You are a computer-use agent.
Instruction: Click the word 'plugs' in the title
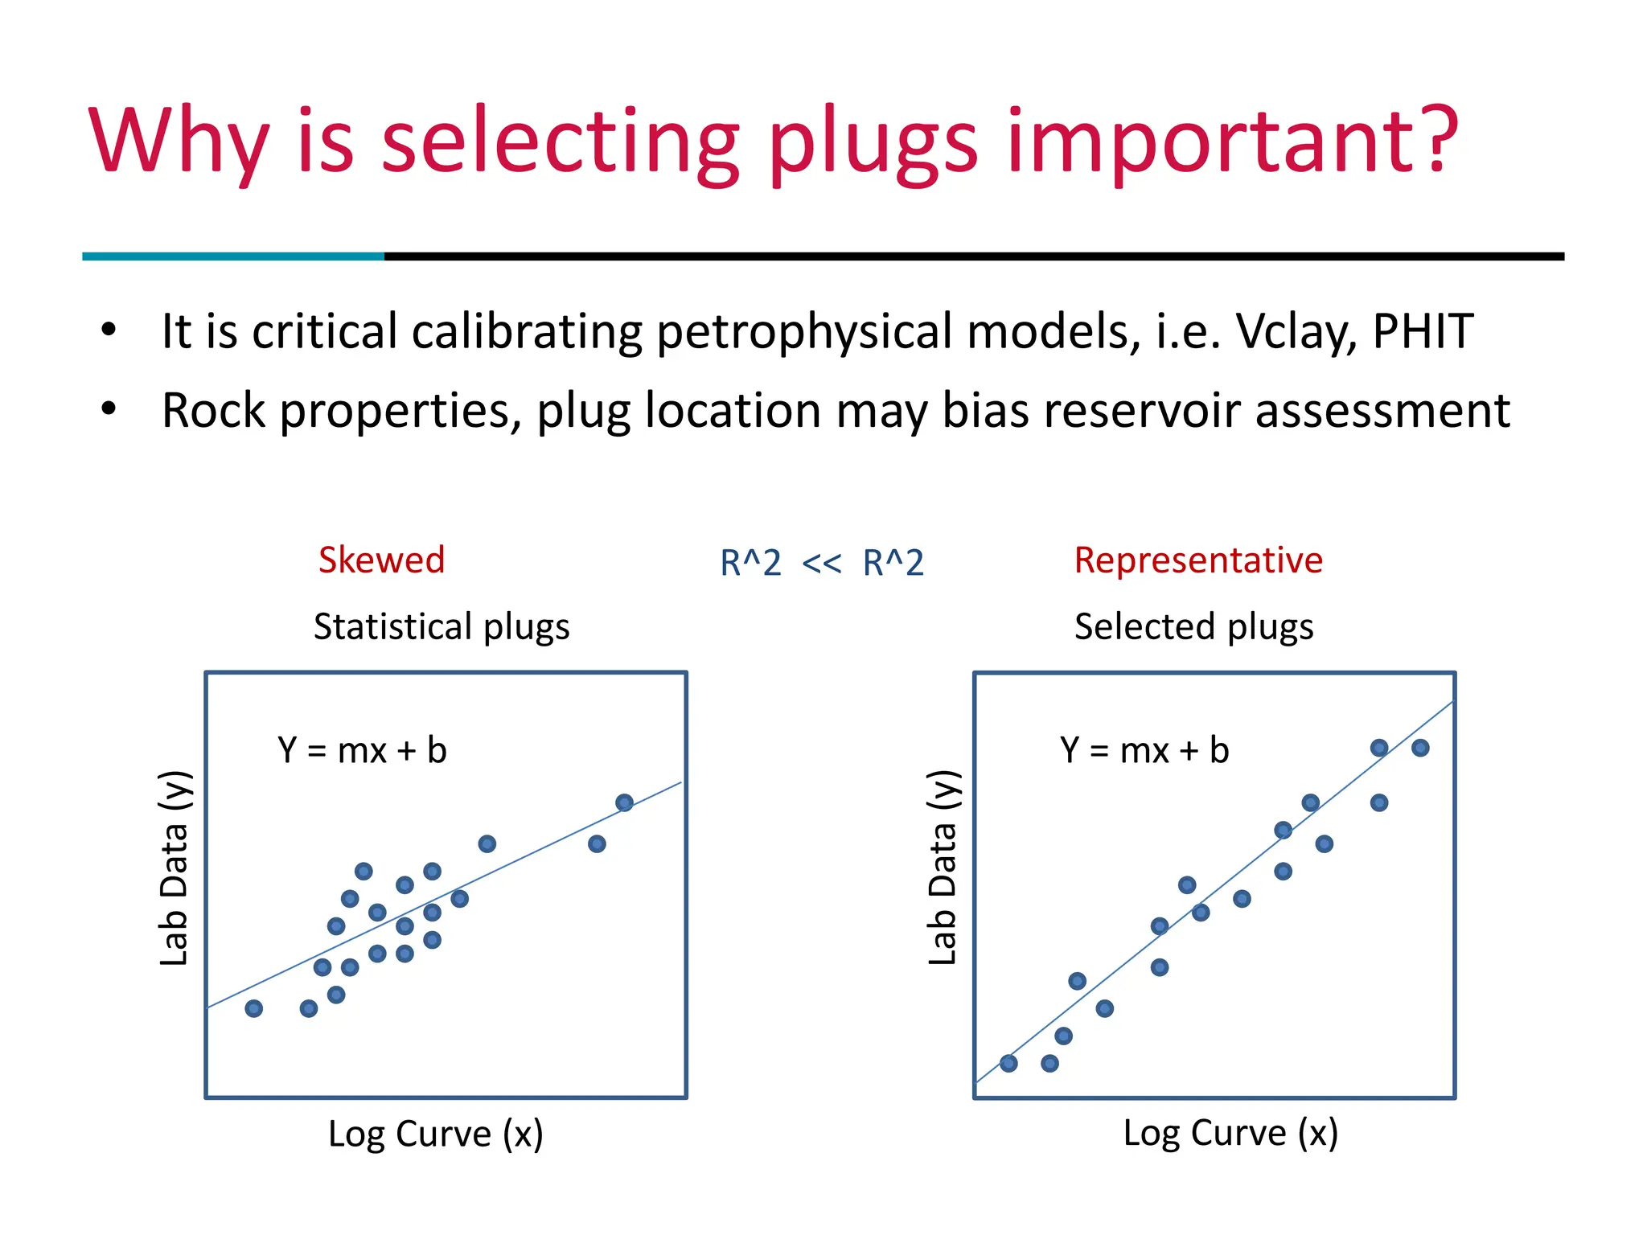[873, 145]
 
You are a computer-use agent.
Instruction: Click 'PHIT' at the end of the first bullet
[1423, 331]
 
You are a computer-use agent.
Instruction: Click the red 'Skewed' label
[381, 560]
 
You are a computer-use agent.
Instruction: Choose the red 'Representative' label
[1198, 560]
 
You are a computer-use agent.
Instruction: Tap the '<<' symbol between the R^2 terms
[822, 564]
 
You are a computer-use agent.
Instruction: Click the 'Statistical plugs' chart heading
[442, 626]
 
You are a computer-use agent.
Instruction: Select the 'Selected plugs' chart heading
[1193, 626]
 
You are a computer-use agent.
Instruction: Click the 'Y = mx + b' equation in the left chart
[362, 750]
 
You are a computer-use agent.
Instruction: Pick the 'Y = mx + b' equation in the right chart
[1144, 750]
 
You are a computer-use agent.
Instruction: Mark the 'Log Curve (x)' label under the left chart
[436, 1134]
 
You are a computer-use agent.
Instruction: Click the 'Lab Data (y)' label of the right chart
[943, 868]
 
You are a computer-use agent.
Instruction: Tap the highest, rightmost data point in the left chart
[624, 802]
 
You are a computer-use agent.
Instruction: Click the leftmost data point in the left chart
[254, 1008]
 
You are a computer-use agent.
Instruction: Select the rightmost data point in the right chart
[1420, 748]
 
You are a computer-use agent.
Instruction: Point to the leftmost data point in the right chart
[1008, 1063]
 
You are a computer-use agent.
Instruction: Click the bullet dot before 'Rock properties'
[109, 409]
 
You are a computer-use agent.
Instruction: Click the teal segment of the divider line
[233, 256]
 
